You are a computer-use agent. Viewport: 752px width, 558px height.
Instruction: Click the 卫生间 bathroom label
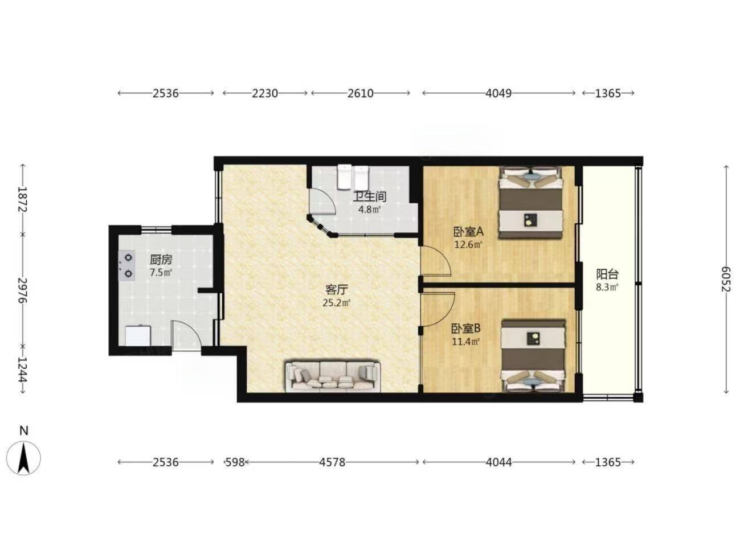click(370, 196)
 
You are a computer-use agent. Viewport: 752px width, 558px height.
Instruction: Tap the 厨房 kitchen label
click(161, 260)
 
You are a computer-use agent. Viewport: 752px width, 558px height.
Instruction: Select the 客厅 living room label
click(336, 290)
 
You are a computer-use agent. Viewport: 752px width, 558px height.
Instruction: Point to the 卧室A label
click(468, 232)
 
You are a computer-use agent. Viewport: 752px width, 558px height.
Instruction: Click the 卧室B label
click(466, 328)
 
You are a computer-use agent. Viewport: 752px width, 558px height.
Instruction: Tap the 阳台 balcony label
click(607, 274)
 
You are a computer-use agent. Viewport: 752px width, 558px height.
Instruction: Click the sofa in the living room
click(333, 376)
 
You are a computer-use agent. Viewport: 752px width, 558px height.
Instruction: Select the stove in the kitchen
click(126, 265)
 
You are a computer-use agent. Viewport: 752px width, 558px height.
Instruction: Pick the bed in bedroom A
click(530, 202)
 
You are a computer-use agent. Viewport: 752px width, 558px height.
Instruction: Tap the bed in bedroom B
click(534, 355)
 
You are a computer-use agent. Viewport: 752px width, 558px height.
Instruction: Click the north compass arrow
click(23, 459)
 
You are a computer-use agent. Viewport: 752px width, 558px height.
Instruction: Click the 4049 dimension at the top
click(498, 93)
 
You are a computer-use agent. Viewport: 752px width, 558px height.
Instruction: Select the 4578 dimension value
click(332, 462)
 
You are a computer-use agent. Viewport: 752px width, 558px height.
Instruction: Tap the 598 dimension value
click(235, 462)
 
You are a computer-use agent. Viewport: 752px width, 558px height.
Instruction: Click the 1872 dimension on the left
click(22, 199)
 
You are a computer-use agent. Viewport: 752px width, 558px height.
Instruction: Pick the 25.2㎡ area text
click(336, 303)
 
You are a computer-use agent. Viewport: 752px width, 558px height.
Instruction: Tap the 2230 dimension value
click(265, 93)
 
